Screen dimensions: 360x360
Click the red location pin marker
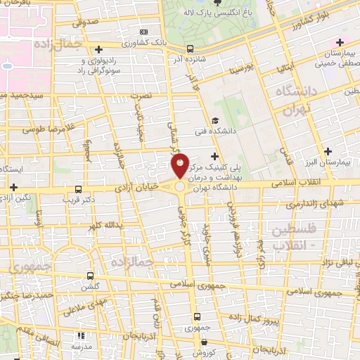(x=180, y=166)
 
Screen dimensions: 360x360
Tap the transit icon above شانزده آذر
(x=190, y=49)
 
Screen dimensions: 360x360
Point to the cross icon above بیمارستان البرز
(x=328, y=151)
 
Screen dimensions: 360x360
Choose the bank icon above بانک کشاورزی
(x=144, y=32)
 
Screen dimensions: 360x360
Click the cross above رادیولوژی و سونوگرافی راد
(x=99, y=49)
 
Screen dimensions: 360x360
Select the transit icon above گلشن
(x=89, y=276)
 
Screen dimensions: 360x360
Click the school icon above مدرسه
(x=79, y=336)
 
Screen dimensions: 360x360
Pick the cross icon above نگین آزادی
(x=14, y=186)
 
